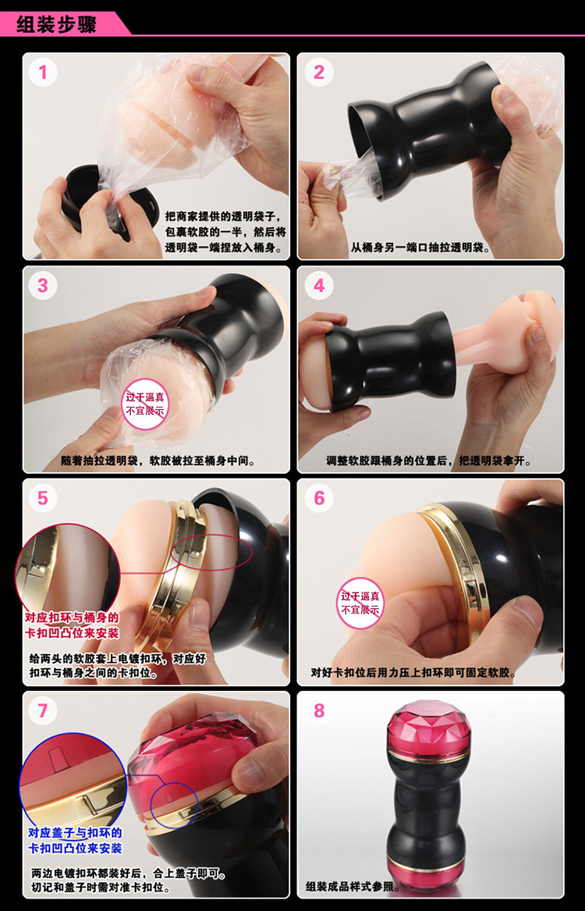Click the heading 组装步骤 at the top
[x=55, y=24]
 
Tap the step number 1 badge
[x=42, y=73]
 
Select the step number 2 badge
[x=318, y=73]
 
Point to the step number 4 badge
[x=318, y=286]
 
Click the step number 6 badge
[x=318, y=498]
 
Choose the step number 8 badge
[x=318, y=710]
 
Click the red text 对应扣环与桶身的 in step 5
[x=71, y=617]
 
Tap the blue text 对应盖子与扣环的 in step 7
[x=75, y=833]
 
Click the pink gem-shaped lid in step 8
[x=429, y=729]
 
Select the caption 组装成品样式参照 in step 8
[x=353, y=887]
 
